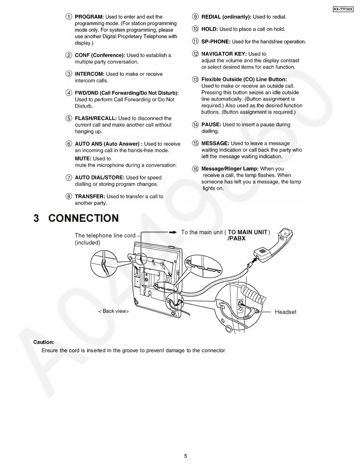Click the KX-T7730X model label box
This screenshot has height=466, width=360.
[x=343, y=9]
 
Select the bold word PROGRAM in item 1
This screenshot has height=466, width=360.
[x=89, y=17]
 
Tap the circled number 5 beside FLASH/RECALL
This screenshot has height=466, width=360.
[x=69, y=118]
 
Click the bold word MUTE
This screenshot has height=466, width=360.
[x=83, y=159]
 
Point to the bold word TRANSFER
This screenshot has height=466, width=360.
[x=90, y=196]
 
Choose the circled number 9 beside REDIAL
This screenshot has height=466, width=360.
[x=195, y=17]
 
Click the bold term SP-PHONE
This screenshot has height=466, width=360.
[x=216, y=42]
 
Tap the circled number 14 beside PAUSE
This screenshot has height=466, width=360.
[x=195, y=125]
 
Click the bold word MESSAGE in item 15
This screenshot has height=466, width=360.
[x=215, y=143]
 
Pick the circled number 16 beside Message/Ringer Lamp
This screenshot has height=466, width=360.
[x=195, y=169]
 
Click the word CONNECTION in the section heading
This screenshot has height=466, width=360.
[x=84, y=218]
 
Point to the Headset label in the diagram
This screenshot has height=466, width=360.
[x=285, y=312]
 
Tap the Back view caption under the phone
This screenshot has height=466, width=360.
[x=113, y=311]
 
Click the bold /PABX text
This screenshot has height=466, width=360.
[x=237, y=238]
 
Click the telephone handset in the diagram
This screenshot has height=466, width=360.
[x=275, y=245]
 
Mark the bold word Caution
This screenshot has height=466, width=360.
[x=44, y=342]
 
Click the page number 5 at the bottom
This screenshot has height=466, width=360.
[x=185, y=456]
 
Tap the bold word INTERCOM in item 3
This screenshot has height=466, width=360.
[x=89, y=74]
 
